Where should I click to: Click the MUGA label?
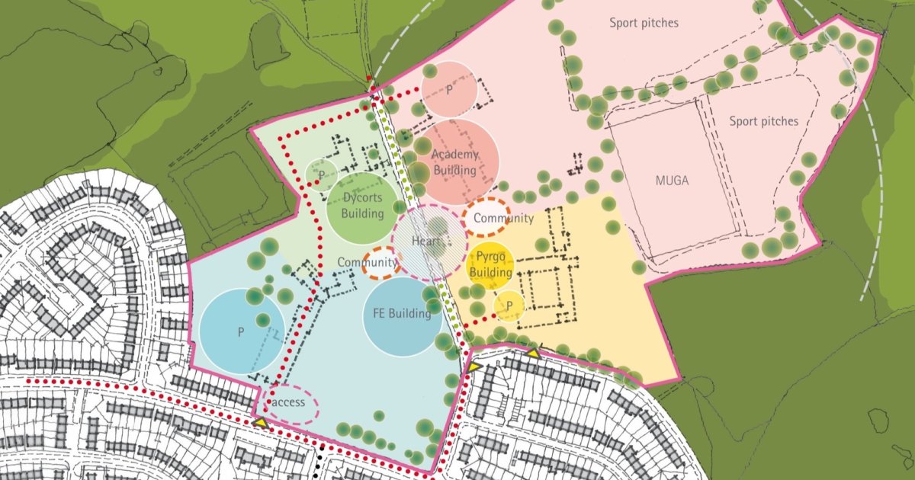(671, 181)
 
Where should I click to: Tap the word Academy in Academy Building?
(455, 155)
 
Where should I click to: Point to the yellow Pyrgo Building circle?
(490, 265)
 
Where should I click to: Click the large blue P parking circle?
(241, 331)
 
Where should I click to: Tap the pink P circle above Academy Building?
(449, 89)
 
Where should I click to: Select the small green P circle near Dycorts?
(322, 174)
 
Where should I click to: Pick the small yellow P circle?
(509, 306)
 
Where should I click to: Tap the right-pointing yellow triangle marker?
(474, 367)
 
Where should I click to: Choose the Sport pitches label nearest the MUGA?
(763, 121)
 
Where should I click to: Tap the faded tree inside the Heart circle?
(437, 226)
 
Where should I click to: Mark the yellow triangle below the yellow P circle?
(534, 353)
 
